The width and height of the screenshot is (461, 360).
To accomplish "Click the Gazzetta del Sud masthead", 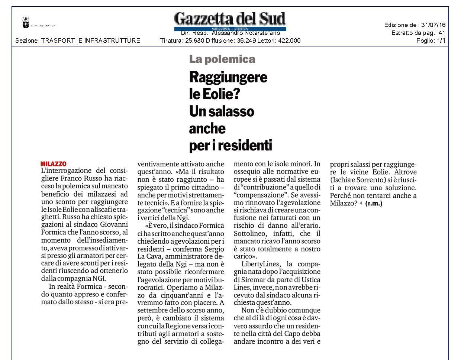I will (230, 19).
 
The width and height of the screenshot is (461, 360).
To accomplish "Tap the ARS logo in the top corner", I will (26, 23).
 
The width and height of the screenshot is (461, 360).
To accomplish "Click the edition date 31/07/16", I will (433, 25).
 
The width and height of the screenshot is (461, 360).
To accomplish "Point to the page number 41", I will (442, 33).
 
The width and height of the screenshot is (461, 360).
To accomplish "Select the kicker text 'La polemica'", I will (222, 59).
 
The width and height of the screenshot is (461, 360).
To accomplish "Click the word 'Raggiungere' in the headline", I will (228, 77).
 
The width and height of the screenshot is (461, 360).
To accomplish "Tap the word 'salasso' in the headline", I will (233, 111).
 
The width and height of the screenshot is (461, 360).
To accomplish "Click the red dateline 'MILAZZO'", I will (54, 164).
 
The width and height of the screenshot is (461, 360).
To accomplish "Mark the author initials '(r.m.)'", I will (374, 204).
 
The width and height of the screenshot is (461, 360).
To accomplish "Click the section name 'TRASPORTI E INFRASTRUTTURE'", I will (91, 40).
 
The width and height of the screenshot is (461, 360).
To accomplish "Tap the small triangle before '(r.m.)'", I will (361, 204).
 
